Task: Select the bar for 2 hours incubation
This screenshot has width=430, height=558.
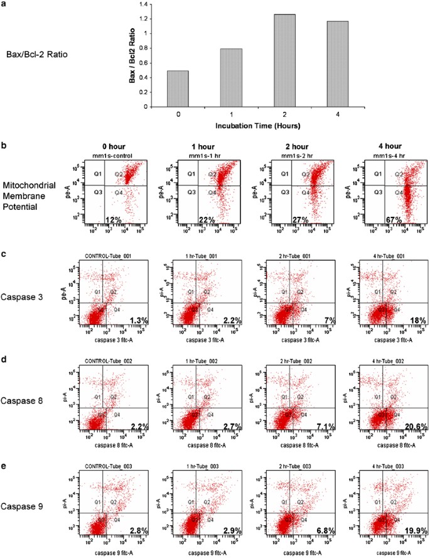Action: [284, 60]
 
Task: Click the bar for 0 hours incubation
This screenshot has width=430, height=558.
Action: [178, 89]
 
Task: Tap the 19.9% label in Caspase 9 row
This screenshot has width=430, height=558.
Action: [415, 532]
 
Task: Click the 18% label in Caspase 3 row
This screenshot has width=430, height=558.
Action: [419, 320]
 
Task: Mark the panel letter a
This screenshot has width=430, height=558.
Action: [4, 4]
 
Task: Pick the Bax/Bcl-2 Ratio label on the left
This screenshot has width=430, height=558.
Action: [36, 54]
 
